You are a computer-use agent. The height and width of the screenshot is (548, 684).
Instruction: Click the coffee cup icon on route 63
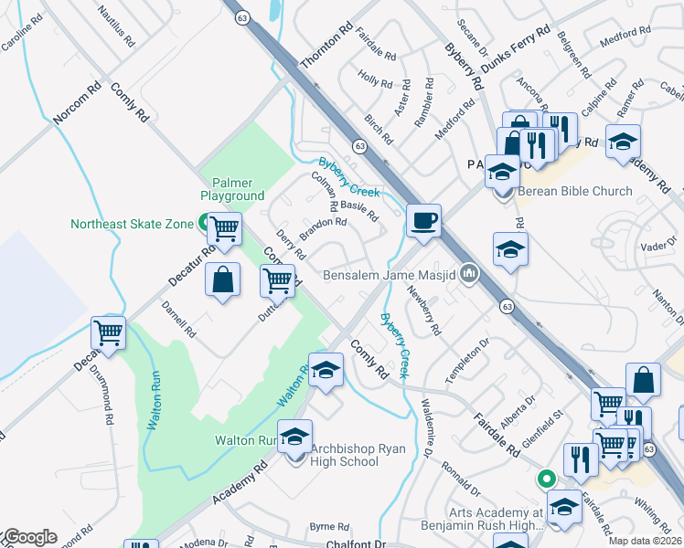(x=424, y=221)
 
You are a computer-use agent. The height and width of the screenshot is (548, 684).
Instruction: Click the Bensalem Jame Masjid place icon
(x=470, y=273)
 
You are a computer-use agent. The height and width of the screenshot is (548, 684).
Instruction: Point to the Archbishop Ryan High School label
(x=344, y=455)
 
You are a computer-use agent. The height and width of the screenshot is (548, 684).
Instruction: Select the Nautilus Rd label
(x=116, y=29)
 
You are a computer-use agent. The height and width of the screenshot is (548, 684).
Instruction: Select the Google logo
(x=29, y=537)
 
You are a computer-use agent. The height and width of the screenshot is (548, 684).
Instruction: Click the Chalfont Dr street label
(x=357, y=543)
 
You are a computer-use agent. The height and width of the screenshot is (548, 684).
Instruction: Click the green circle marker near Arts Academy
(x=547, y=478)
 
